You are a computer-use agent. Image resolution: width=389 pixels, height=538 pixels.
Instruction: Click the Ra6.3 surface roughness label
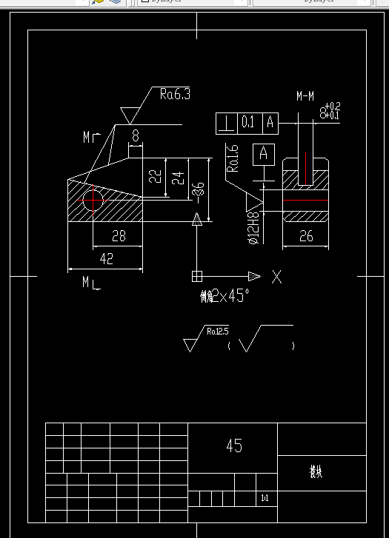click(x=175, y=94)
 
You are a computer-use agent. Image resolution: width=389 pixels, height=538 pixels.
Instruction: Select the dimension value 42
click(x=107, y=258)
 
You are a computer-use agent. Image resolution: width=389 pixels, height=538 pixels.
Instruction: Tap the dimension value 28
click(x=119, y=236)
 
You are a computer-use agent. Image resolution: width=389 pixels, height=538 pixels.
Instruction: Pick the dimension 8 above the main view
click(x=136, y=135)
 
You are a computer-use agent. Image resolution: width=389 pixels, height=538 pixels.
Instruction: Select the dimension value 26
click(x=307, y=236)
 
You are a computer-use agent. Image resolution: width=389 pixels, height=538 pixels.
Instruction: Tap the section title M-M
click(x=305, y=96)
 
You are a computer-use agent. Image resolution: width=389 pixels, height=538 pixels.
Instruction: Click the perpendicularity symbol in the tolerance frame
click(x=225, y=123)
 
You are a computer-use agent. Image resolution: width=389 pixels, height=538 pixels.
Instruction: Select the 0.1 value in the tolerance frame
click(x=247, y=123)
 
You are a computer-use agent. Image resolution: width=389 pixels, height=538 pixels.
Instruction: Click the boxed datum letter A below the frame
click(x=262, y=154)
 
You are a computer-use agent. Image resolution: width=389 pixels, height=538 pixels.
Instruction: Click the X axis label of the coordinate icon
click(x=276, y=277)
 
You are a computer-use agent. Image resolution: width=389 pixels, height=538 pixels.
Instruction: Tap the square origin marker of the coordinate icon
click(x=197, y=276)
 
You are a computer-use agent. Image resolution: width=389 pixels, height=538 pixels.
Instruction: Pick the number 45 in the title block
click(x=233, y=445)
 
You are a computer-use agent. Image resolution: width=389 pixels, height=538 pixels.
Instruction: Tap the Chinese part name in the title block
click(x=316, y=471)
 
